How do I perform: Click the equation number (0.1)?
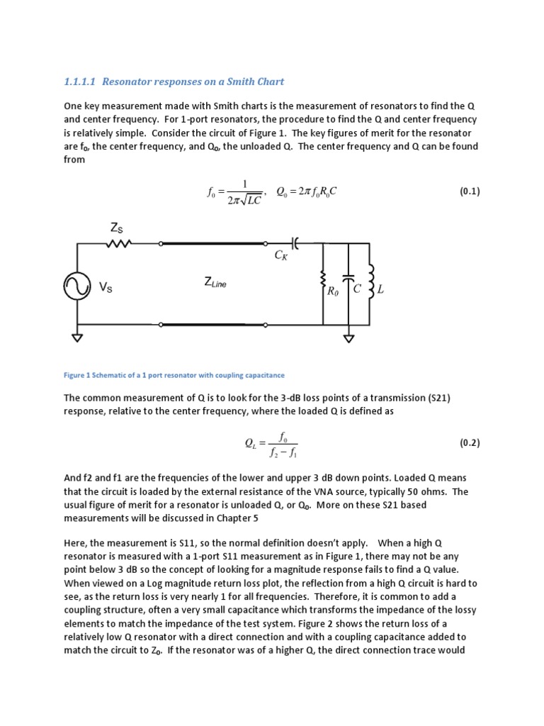(x=470, y=191)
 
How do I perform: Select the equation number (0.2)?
(x=470, y=442)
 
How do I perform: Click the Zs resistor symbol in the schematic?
(x=118, y=243)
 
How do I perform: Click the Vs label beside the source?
(x=106, y=287)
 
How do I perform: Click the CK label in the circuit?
(x=281, y=256)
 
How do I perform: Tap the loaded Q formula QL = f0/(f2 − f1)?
(x=272, y=443)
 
